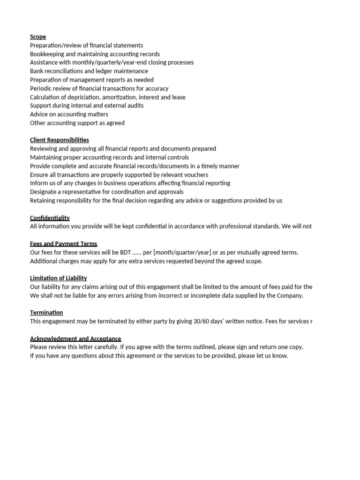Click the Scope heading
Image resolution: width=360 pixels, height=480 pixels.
point(38,37)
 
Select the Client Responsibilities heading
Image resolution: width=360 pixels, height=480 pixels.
point(59,140)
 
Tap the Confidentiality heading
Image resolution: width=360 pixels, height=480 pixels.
point(50,218)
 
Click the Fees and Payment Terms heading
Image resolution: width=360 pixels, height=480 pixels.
point(63,244)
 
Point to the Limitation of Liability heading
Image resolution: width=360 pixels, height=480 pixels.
point(58,278)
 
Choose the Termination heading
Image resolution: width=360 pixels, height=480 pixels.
point(46,313)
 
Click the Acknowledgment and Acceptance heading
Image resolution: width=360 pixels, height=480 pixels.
point(75,338)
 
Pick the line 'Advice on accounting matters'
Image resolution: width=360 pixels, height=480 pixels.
point(69,114)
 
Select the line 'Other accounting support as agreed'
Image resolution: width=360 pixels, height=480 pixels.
point(77,123)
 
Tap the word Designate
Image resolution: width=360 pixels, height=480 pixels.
point(45,192)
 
